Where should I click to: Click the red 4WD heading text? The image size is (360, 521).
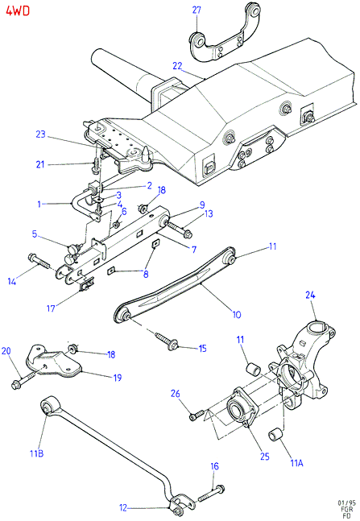[x=18, y=10]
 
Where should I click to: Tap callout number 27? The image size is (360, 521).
[x=197, y=10]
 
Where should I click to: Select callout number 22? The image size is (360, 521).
[x=177, y=66]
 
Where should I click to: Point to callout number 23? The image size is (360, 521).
[x=40, y=134]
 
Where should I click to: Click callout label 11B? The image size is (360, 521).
[x=36, y=453]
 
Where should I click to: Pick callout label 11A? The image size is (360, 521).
[x=297, y=463]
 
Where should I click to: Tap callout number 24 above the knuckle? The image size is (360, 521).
[x=310, y=295]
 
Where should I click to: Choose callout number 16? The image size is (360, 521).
[x=215, y=466]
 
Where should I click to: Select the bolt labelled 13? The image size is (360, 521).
[x=180, y=229]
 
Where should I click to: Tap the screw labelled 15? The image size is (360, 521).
[x=166, y=341]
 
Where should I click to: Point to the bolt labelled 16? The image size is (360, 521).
[x=212, y=494]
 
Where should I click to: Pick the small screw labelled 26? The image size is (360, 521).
[x=197, y=415]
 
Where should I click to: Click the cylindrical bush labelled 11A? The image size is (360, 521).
[x=275, y=436]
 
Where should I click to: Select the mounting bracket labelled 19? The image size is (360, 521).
[x=53, y=362]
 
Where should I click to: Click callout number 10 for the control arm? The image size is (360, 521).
[x=237, y=314]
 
